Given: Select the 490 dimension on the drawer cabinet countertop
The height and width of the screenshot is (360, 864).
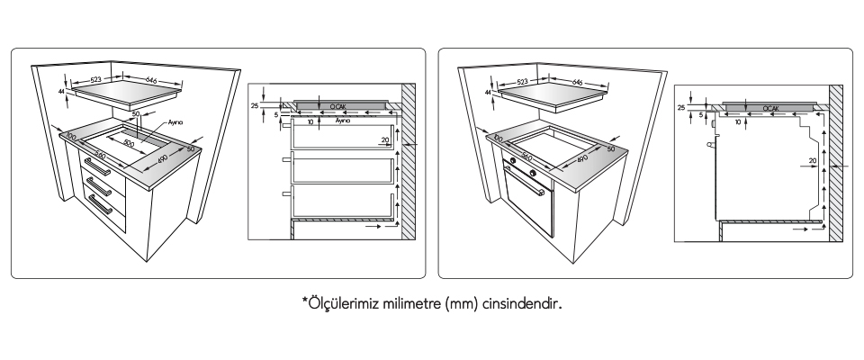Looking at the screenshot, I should point(163,159).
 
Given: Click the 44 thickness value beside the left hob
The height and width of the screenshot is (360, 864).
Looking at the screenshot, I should point(62,92).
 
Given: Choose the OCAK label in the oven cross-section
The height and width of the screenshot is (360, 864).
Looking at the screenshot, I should point(770,107).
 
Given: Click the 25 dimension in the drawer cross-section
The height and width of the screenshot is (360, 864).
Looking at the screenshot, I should point(256,105).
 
